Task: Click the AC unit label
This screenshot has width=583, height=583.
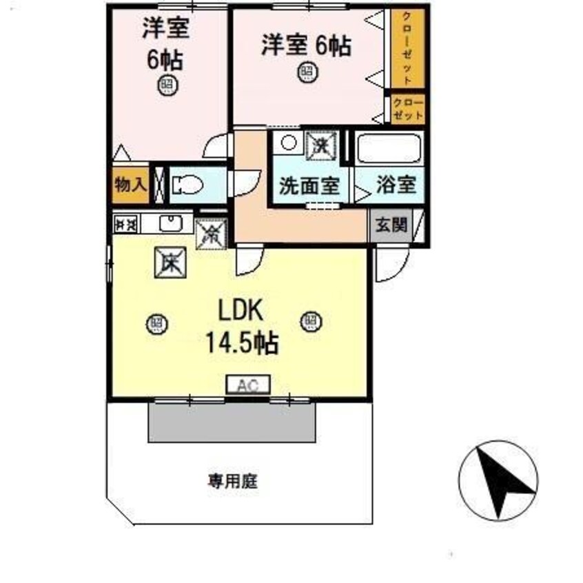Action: [x=247, y=385]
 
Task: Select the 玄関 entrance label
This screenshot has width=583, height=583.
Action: [x=390, y=225]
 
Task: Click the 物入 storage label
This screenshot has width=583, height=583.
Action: [x=130, y=184]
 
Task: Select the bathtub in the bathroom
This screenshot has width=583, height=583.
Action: [x=388, y=148]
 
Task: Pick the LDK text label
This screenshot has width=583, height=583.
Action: [x=242, y=311]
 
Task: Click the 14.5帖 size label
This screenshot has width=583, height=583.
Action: [x=242, y=342]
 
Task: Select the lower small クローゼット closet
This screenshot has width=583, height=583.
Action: [x=407, y=108]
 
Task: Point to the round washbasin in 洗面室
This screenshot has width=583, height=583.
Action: [x=289, y=143]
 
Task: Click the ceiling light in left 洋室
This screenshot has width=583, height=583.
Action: [x=166, y=85]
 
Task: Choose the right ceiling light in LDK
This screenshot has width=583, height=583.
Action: [x=310, y=320]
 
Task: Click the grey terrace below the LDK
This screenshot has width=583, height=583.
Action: [x=232, y=422]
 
